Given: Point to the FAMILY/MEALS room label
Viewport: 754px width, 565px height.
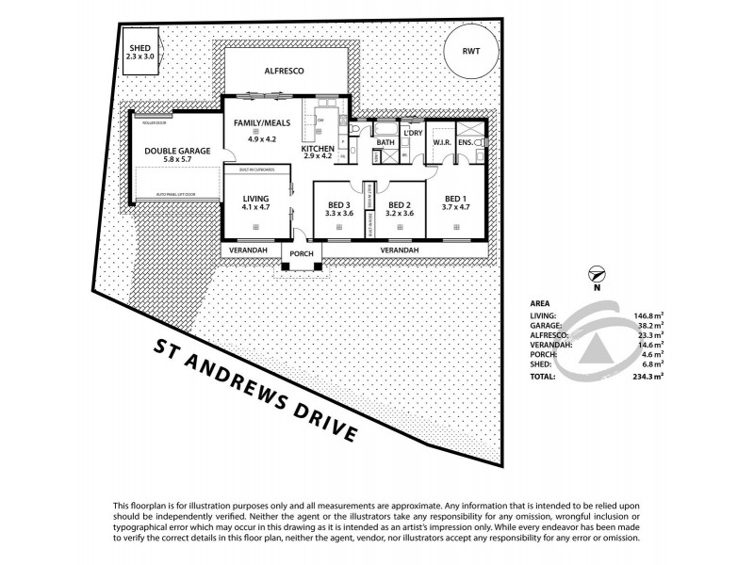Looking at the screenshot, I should (260, 124).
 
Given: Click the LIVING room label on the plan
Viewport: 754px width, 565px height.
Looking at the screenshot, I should (255, 199).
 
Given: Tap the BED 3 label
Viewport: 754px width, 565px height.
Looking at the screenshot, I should (337, 204).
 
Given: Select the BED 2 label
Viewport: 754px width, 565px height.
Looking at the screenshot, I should (400, 204).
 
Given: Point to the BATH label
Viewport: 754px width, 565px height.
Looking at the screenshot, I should (385, 143).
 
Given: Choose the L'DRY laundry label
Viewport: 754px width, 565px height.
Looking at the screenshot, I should (412, 133).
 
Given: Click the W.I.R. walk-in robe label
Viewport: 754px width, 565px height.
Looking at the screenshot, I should (443, 143).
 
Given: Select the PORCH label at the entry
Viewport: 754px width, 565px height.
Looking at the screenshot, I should (302, 254).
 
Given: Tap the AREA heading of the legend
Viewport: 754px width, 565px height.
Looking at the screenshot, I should (542, 304).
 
